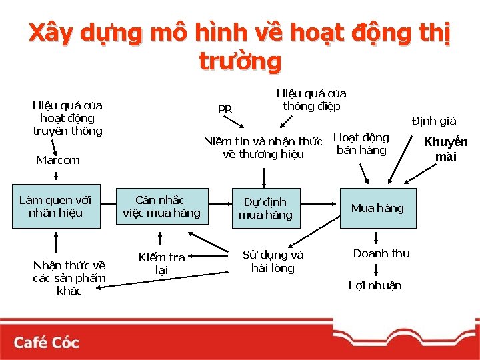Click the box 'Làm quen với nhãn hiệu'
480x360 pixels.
(55, 207)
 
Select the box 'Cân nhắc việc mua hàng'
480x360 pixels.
(161, 207)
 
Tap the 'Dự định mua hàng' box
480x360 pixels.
(265, 208)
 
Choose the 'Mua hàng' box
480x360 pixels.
(377, 208)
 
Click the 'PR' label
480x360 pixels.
(225, 109)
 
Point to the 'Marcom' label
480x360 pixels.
(58, 160)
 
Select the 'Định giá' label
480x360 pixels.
(433, 121)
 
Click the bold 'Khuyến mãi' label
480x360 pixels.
(446, 149)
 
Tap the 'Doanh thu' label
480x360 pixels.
(381, 253)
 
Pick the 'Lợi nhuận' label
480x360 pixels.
(375, 285)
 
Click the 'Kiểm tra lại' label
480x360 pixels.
(161, 263)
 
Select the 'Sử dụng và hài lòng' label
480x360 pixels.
(273, 261)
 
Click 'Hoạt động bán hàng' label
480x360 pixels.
(361, 144)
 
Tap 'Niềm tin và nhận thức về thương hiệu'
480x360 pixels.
(263, 147)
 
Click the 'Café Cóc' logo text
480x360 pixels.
(46, 343)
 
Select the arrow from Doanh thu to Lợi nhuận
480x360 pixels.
(377, 269)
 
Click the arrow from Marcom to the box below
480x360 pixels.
(56, 174)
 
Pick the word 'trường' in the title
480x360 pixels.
(240, 61)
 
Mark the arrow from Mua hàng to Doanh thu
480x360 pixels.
(377, 237)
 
